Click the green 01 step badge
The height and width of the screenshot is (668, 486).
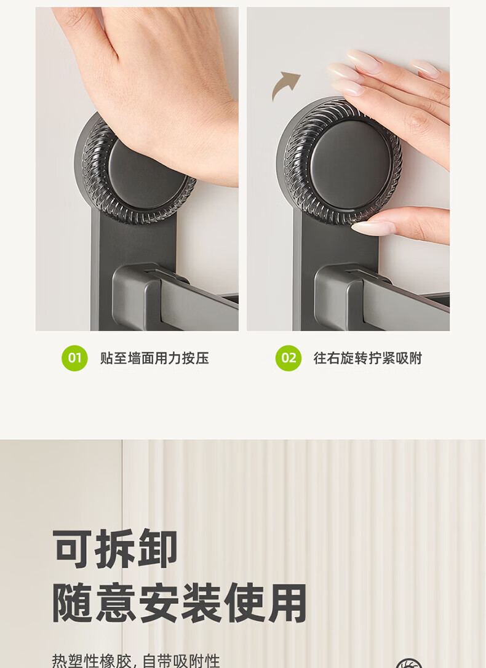(x=74, y=358)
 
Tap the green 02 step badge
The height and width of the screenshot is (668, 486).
(x=289, y=358)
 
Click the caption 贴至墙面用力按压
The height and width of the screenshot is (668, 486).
(x=154, y=358)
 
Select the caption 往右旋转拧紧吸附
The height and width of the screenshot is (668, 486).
(x=368, y=358)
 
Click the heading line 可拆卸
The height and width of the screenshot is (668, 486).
(x=115, y=549)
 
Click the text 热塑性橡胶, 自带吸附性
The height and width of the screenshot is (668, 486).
(x=136, y=661)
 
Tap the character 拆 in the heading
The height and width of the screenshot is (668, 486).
(x=115, y=549)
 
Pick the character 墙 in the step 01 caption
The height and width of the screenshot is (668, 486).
(x=134, y=358)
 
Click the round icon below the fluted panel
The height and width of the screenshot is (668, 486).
(x=409, y=664)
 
